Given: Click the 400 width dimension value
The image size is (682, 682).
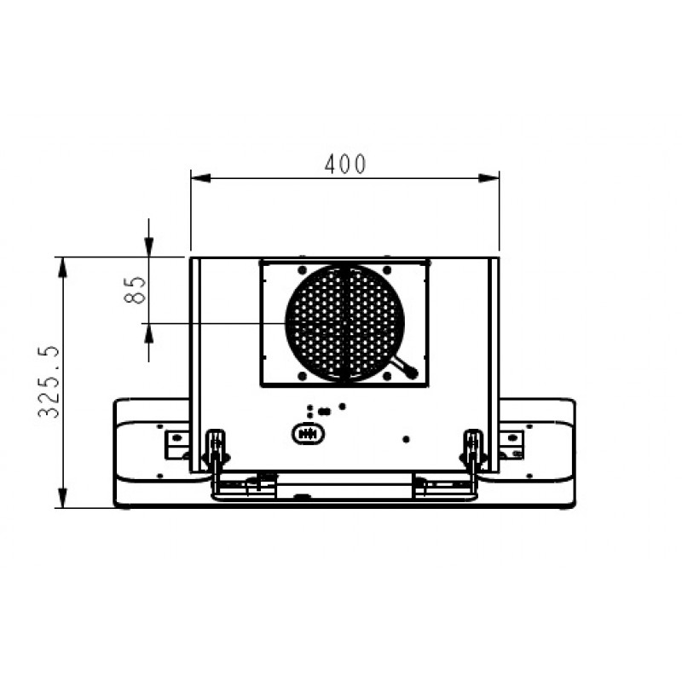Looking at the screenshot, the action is point(345,165).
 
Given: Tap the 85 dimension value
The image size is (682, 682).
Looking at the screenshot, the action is point(136,290).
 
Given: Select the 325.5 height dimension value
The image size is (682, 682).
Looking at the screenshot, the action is point(49,382).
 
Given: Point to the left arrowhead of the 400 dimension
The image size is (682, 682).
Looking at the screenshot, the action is point(200,178).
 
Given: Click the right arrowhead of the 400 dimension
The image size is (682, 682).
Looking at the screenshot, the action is point(488,178).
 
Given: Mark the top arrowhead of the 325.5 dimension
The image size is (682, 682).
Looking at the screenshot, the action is point(62,267).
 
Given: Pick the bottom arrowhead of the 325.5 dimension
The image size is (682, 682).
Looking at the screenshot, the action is point(62,498).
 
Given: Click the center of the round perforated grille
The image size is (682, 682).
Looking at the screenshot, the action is point(345,323).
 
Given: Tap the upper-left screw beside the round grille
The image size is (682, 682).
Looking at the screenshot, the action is point(303,270).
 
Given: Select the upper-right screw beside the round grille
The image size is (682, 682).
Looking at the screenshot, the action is point(387,270).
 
